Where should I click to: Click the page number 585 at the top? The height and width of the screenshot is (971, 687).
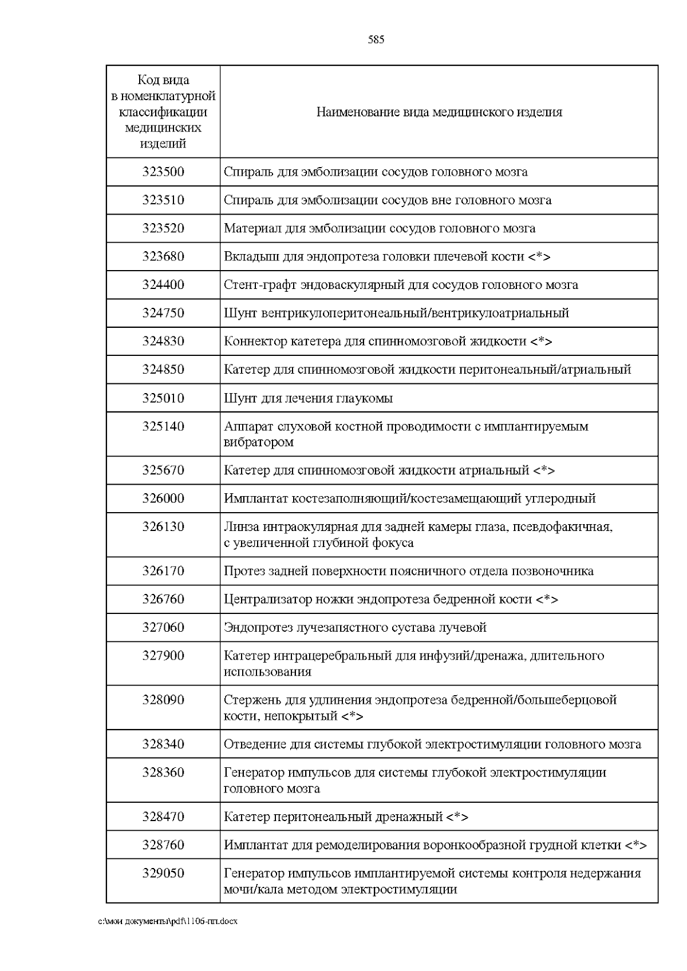coord(376,39)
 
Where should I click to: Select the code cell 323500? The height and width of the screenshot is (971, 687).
coord(163,172)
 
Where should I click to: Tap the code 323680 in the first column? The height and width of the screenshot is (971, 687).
coord(163,256)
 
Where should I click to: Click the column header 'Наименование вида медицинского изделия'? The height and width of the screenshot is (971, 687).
coord(439,112)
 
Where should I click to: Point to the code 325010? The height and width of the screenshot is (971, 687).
coord(163,398)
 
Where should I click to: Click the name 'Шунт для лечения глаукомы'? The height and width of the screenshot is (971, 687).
coord(308,398)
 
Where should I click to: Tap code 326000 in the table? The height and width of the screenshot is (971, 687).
coord(163,498)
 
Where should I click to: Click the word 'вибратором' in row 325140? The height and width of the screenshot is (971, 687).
coord(259,442)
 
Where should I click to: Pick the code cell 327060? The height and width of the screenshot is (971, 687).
coord(163,627)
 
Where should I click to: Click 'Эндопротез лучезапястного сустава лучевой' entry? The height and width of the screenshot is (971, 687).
coord(355,627)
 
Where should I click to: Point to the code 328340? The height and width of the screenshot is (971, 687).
coord(163,744)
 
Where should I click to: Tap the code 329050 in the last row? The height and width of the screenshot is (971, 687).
coord(163,873)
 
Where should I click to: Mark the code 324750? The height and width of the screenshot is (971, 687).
coord(163,313)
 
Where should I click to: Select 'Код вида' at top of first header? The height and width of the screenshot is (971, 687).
coord(163,80)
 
